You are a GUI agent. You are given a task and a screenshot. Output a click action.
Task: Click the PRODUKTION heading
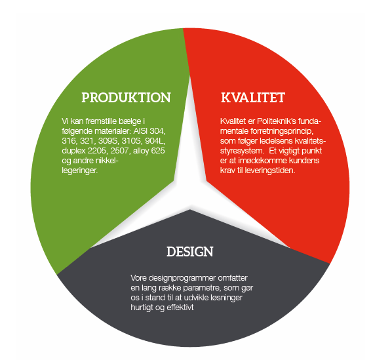tap(126, 98)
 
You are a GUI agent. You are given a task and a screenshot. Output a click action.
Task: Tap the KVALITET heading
tap(253, 98)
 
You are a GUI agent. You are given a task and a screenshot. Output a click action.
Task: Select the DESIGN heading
tap(190, 252)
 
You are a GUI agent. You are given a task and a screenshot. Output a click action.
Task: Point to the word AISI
tap(140, 131)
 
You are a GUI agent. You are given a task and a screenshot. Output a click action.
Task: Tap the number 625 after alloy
tap(158, 151)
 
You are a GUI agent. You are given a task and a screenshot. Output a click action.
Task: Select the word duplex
tap(74, 151)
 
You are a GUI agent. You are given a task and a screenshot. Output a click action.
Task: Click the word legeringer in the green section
tap(79, 170)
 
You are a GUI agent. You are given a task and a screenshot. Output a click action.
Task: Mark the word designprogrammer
tap(182, 278)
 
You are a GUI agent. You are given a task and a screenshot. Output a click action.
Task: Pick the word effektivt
tap(180, 308)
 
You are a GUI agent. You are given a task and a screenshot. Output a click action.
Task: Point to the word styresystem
tap(242, 151)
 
